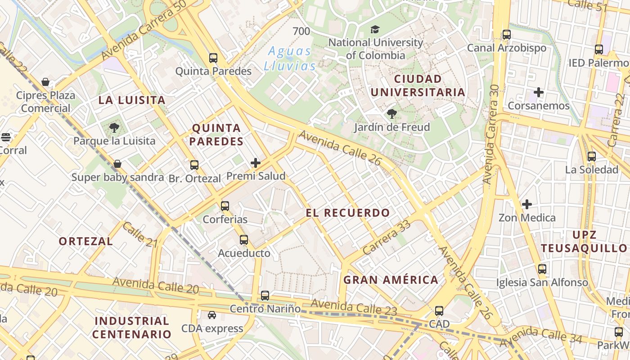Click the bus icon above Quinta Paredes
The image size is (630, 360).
(x=213, y=58)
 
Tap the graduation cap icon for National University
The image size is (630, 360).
(x=375, y=30)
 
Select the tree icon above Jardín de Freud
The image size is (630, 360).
(x=391, y=113)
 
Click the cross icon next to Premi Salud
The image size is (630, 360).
(x=256, y=163)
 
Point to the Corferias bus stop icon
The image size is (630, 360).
(x=225, y=206)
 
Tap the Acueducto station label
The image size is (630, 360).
(x=244, y=253)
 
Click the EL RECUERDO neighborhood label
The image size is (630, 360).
(x=348, y=213)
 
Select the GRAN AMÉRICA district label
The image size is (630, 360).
(x=391, y=280)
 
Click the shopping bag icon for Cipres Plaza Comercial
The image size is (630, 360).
(x=45, y=82)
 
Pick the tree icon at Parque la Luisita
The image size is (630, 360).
(x=114, y=127)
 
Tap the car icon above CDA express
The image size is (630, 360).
(x=212, y=315)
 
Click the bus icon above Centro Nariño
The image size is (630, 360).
(x=265, y=296)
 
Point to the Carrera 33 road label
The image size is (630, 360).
(x=387, y=238)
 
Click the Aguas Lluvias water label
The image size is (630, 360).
(x=290, y=58)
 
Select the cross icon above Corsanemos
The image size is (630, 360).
(x=538, y=93)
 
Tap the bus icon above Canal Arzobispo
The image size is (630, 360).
(x=507, y=34)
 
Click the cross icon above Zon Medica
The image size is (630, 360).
(x=526, y=204)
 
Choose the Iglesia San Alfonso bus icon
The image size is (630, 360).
(x=542, y=269)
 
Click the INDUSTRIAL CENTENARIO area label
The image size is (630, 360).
(x=132, y=328)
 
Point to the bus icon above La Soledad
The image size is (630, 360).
(x=592, y=157)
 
